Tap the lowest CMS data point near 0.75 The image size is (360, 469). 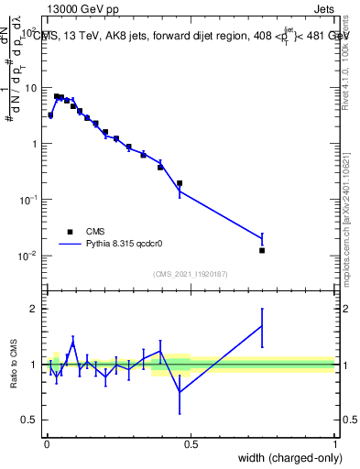[262, 250]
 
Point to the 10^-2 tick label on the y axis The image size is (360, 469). [29, 256]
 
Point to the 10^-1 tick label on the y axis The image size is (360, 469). [29, 200]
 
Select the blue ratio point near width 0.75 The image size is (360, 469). [262, 325]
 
